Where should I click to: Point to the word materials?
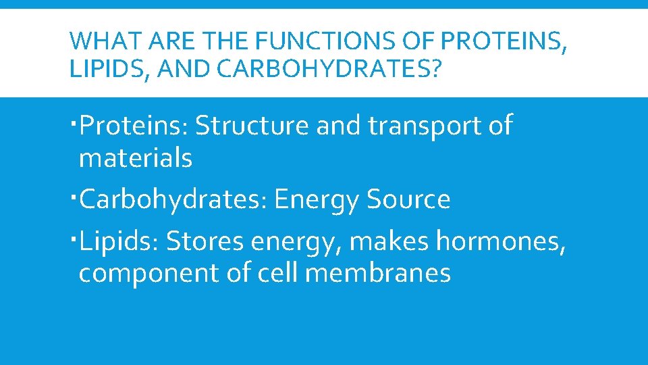point(136,159)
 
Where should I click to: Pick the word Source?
point(408,200)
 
